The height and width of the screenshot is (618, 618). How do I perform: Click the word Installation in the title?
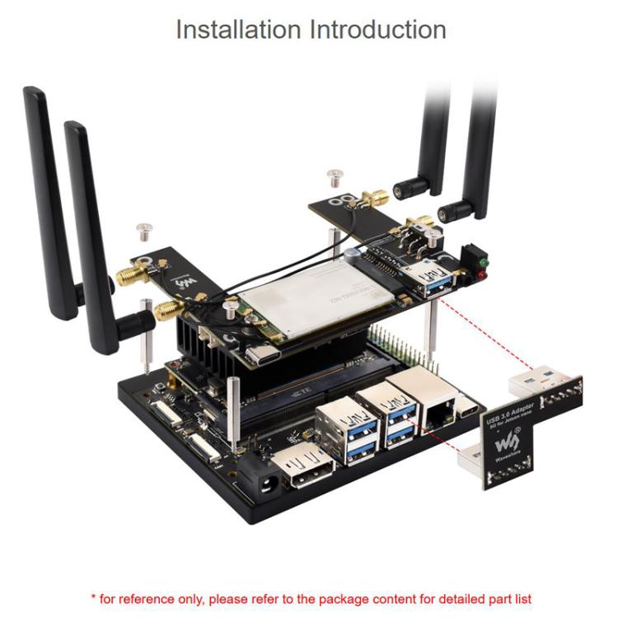tap(239, 30)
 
